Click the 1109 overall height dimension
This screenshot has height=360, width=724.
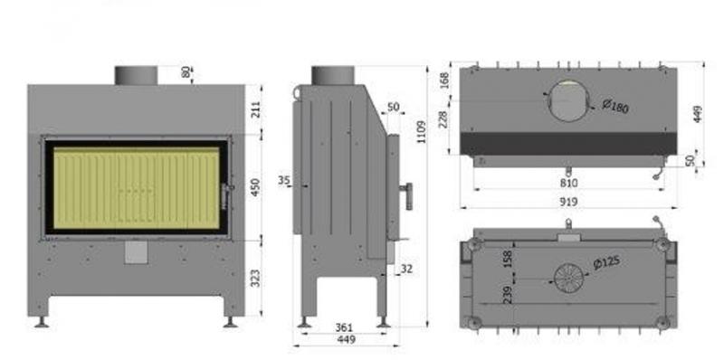pos(421,131)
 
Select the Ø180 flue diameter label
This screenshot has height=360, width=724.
pos(615,107)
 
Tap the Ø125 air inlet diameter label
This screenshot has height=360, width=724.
pos(606,262)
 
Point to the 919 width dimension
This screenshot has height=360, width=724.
pos(568,202)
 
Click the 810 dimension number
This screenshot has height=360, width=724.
pos(569,183)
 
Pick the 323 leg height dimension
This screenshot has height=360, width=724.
pos(255,278)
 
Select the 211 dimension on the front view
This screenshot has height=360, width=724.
pos(255,109)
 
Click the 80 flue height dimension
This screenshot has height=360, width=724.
pos(186,72)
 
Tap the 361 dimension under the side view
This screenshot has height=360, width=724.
pos(344,327)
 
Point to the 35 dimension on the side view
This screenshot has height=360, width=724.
pos(284,180)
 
